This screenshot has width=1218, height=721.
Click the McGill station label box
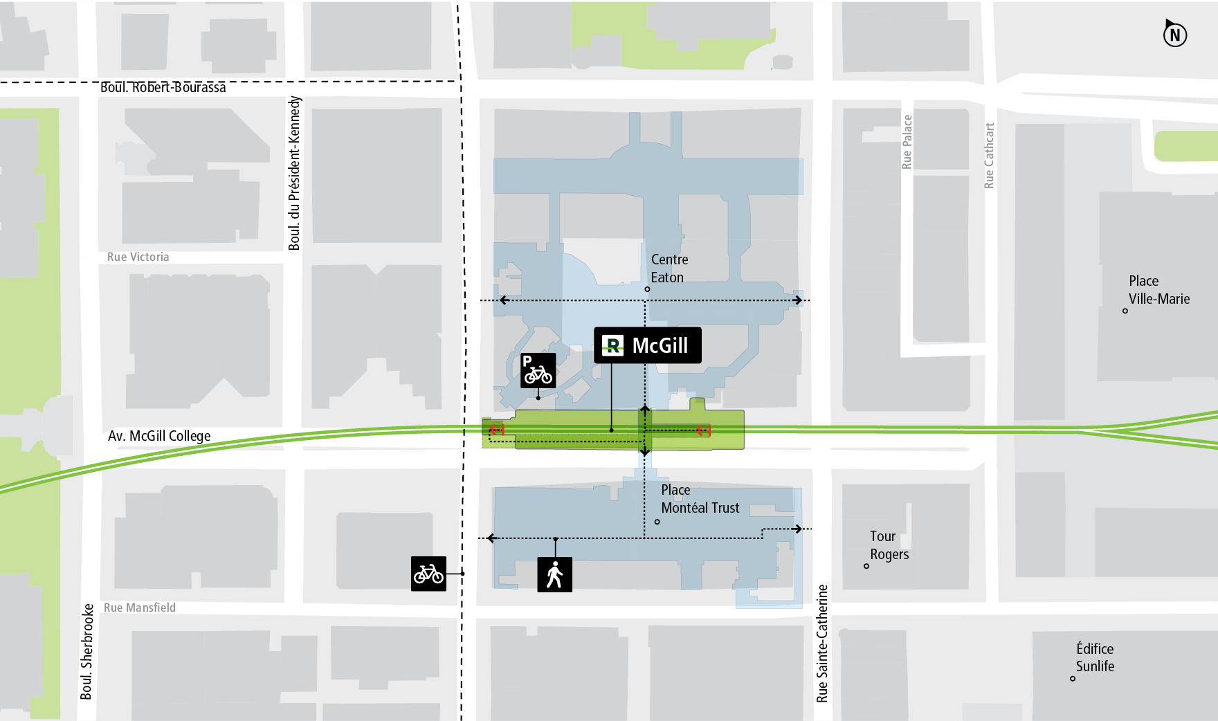(647, 345)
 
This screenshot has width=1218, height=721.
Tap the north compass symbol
(1174, 34)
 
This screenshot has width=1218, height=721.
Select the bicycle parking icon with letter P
(538, 371)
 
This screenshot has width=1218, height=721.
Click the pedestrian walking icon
(554, 574)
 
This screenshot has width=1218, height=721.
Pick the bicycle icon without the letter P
(428, 574)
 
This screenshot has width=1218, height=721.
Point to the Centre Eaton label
(669, 268)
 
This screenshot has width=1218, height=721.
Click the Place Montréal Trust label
(700, 499)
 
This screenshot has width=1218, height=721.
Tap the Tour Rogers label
(889, 545)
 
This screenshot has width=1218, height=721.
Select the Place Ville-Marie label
(1158, 290)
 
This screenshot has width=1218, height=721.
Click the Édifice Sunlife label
(1095, 657)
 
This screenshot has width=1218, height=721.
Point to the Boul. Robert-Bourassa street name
(163, 87)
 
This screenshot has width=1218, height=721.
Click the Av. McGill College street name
(159, 436)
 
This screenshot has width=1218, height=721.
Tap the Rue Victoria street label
(138, 257)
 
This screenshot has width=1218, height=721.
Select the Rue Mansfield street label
(140, 608)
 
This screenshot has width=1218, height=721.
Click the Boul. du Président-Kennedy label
(295, 173)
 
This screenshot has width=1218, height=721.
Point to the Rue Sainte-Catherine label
(822, 644)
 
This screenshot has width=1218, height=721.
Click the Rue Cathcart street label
(989, 156)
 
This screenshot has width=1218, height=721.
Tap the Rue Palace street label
(907, 142)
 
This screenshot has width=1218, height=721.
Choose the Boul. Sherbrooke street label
(87, 651)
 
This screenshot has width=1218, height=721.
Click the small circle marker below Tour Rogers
(866, 566)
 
